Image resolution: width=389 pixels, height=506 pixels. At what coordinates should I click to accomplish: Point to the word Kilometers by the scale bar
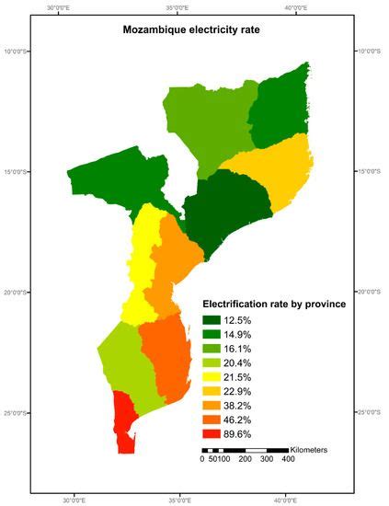315,450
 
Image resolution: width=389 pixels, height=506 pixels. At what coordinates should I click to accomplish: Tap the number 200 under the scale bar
246,459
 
